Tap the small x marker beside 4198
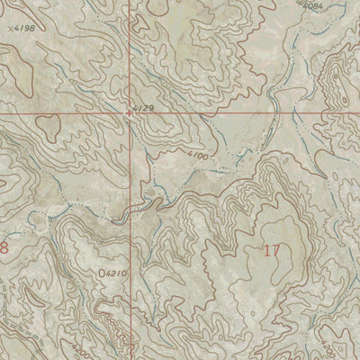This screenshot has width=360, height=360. (x=10, y=28)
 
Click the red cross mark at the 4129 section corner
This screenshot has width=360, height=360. (x=130, y=114)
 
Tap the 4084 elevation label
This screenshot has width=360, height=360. (x=311, y=6)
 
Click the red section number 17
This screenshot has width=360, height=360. (x=271, y=250)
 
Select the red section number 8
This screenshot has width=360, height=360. (x=4, y=246)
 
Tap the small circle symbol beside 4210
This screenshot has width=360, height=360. (x=98, y=269)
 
